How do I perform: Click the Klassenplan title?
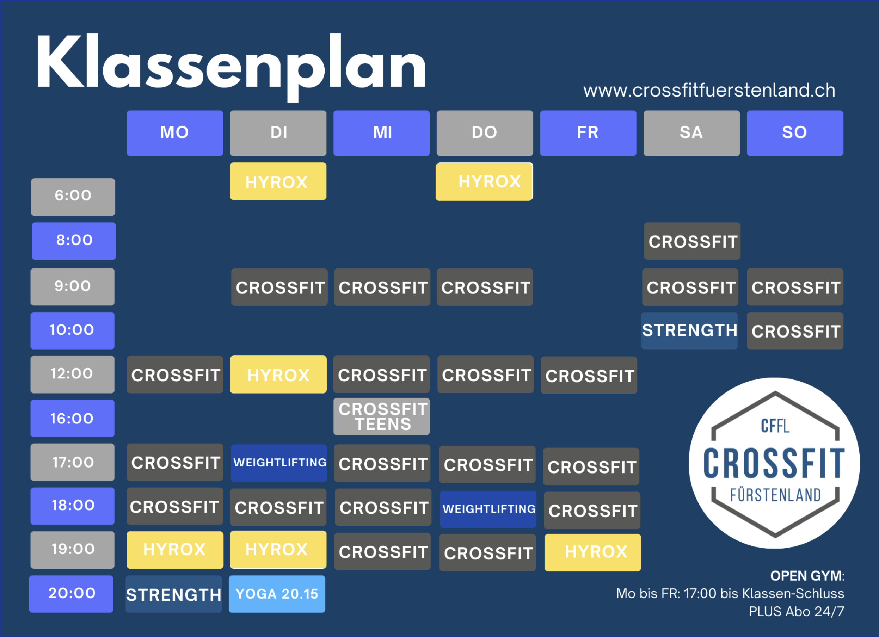click(x=231, y=66)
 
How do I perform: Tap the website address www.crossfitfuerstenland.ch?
click(x=709, y=90)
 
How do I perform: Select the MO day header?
click(x=175, y=133)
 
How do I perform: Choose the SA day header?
click(x=691, y=133)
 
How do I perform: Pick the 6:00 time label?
click(x=73, y=197)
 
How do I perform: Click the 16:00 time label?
click(x=73, y=418)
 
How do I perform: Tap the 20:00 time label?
click(x=71, y=594)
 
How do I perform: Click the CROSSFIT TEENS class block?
click(x=381, y=416)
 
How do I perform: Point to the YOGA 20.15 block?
click(x=277, y=594)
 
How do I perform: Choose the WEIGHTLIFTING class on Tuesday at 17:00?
click(x=279, y=463)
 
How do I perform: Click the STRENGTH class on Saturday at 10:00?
click(x=689, y=330)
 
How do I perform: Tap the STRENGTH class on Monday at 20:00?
click(x=174, y=594)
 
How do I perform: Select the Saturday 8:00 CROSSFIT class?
click(x=692, y=241)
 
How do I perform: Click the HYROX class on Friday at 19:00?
click(x=592, y=552)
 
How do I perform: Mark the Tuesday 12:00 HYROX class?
click(x=278, y=374)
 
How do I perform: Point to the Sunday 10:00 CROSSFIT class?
click(x=795, y=331)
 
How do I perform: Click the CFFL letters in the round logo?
click(x=775, y=426)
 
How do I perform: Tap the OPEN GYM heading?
click(x=807, y=576)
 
